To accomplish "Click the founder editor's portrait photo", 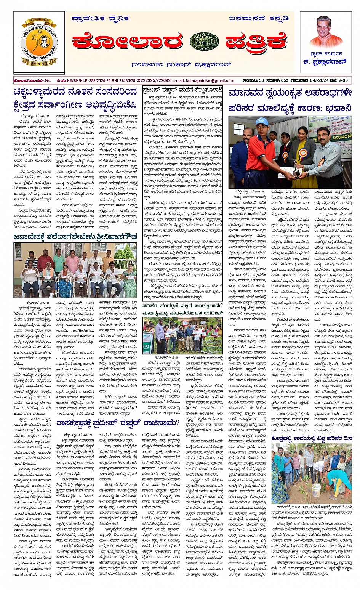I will pos(326,32).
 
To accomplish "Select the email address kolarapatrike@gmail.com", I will pos(203,81).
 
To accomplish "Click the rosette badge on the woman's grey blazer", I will pos(303,153).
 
